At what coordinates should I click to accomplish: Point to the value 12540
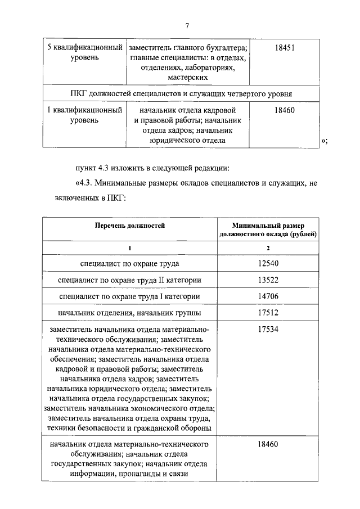[268, 263]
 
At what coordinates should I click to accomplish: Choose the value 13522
[268, 280]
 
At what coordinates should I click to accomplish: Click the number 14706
[268, 296]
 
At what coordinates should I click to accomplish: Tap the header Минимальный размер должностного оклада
[268, 229]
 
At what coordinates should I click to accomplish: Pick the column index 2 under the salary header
[268, 247]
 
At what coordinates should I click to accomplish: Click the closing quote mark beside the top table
[323, 141]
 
